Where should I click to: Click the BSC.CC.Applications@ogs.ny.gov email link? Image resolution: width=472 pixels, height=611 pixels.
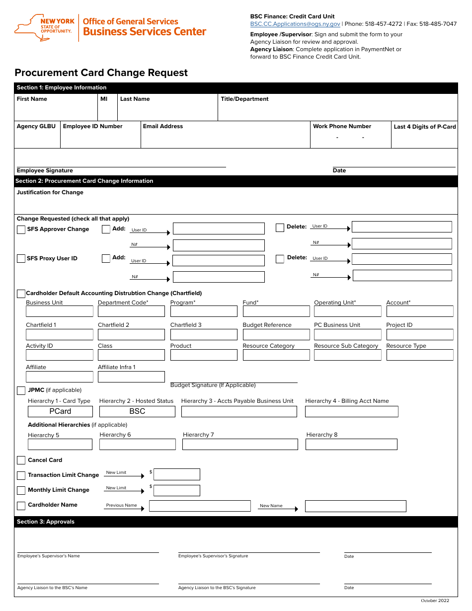295,24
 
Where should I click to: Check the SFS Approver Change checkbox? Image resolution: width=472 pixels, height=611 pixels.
21,229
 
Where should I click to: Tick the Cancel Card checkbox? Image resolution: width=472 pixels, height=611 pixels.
21,460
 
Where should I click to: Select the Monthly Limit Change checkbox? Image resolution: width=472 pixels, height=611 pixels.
21,490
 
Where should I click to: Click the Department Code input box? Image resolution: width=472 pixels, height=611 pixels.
131,311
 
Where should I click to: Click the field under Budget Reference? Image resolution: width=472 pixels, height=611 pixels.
276,334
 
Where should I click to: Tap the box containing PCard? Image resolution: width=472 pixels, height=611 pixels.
60,411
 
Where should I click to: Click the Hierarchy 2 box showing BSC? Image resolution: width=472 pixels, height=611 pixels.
137,411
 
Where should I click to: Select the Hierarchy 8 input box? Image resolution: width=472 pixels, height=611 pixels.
351,444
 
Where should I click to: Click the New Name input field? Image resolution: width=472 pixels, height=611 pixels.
355,506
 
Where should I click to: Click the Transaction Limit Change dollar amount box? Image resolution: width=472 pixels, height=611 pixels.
176,474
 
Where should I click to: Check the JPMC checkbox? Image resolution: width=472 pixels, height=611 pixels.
21,390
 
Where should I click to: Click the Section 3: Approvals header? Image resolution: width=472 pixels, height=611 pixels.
46,522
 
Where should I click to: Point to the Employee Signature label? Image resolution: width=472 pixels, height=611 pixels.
45,170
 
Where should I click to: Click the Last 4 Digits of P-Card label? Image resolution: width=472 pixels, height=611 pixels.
424,127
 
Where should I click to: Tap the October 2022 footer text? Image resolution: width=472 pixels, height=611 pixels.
435,601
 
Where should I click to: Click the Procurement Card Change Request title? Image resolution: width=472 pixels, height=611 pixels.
101,73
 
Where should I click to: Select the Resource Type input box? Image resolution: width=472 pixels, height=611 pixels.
419,355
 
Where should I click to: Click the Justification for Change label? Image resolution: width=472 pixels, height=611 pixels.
50,192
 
